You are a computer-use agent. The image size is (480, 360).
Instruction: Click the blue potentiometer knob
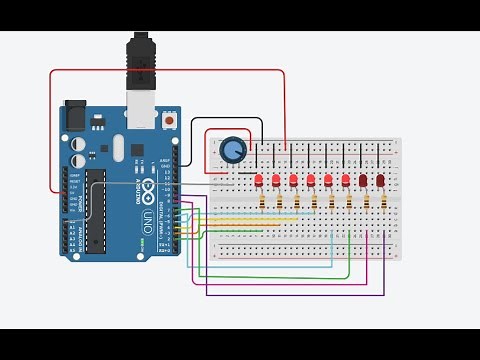click(233, 150)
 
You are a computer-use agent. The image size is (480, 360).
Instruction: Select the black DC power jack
click(76, 118)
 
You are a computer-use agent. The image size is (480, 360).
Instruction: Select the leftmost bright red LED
click(260, 181)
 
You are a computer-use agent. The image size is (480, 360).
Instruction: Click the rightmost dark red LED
click(381, 181)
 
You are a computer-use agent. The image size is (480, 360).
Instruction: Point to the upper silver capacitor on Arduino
click(78, 142)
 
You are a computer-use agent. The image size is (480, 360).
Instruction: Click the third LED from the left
click(294, 181)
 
